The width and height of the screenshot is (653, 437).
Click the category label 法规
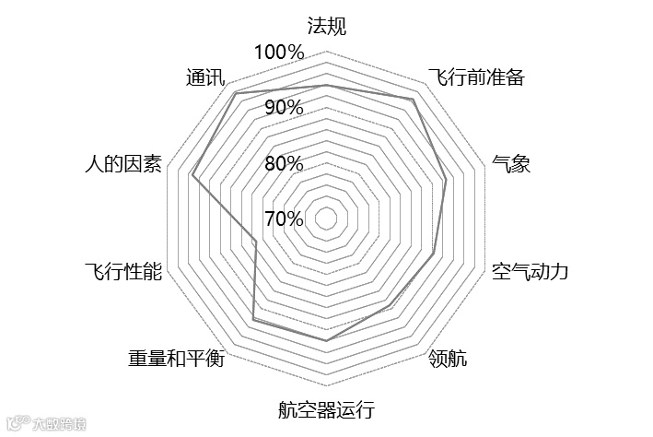coord(326,26)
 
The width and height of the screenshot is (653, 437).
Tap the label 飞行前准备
coord(476,77)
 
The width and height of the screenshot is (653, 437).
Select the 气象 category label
coord(511,164)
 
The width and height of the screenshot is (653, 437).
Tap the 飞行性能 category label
coord(122,272)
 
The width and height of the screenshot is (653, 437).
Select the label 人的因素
coord(122,164)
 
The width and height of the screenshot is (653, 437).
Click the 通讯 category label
coord(204,77)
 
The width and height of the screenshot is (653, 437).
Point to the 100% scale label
coord(278,52)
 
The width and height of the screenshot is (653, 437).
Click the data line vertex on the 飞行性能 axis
coord(255,242)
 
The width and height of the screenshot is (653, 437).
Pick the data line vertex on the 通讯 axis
coord(237,94)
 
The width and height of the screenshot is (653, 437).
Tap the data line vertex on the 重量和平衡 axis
coord(253,320)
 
